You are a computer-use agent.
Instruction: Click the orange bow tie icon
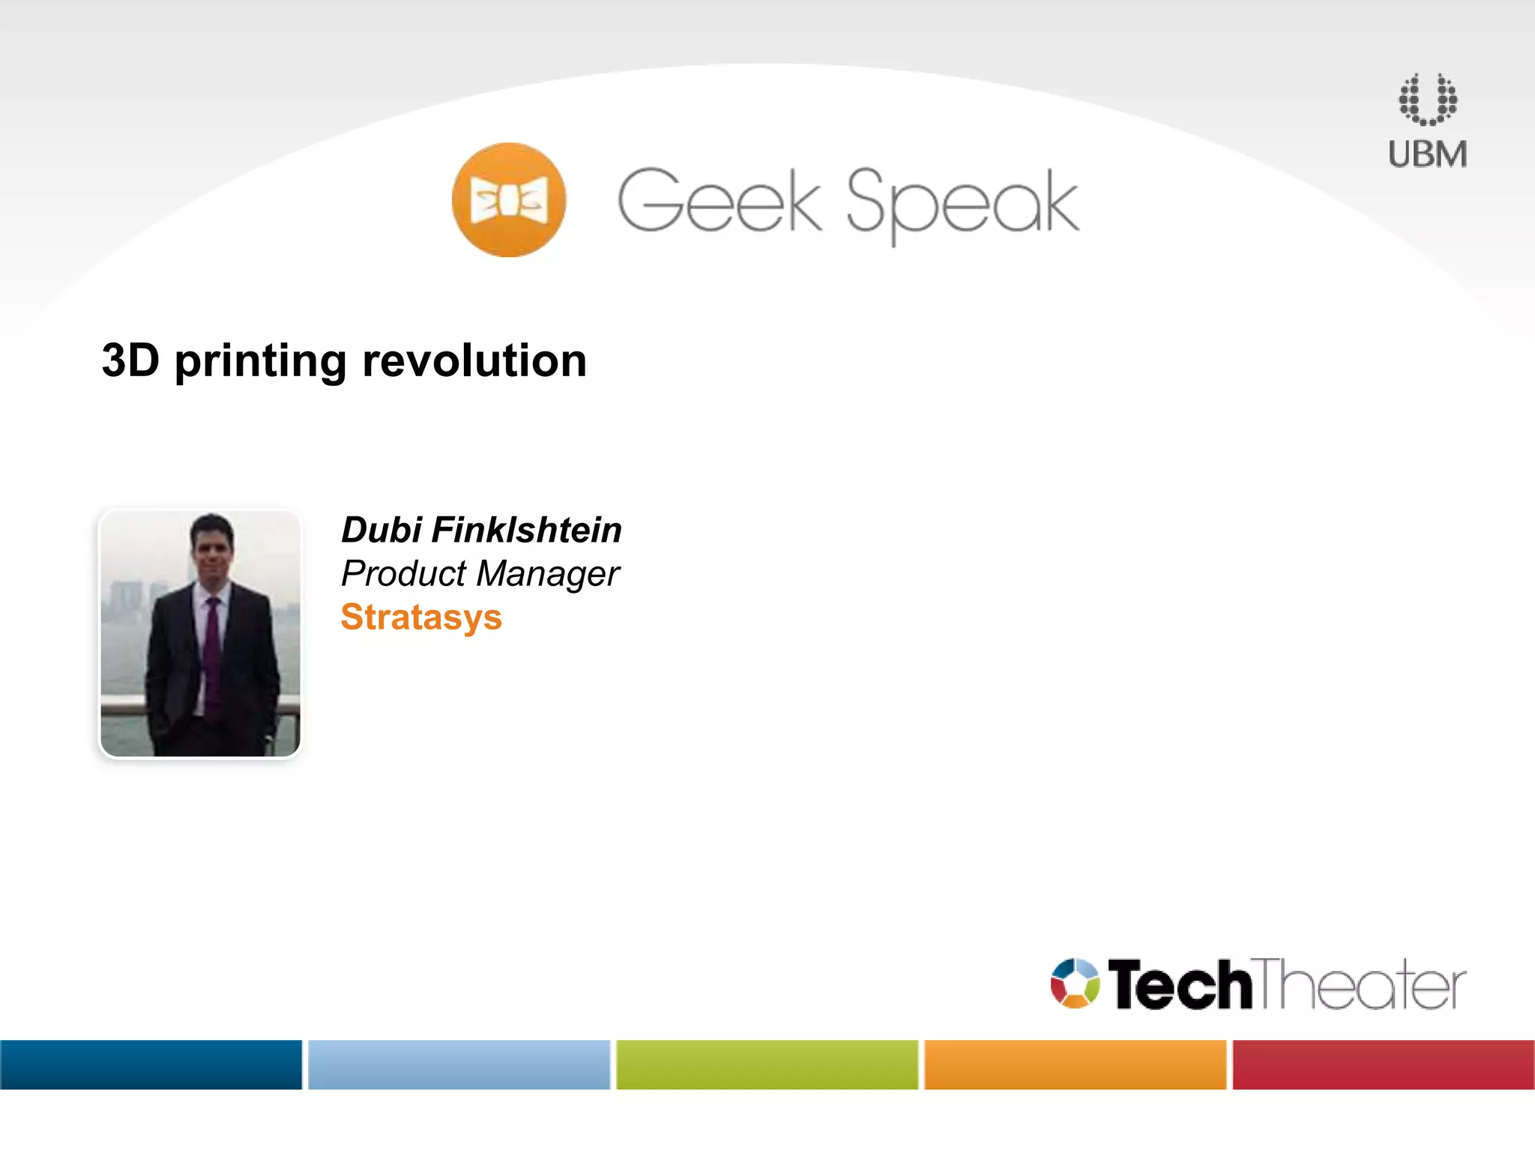pyautogui.click(x=509, y=200)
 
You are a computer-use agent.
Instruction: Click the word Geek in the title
pyautogui.click(x=719, y=201)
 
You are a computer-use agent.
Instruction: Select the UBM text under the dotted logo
pyautogui.click(x=1427, y=154)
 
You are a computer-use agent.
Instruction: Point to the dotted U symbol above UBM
pyautogui.click(x=1427, y=100)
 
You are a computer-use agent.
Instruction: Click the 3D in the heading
pyautogui.click(x=130, y=360)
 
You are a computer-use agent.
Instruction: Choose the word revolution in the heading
pyautogui.click(x=474, y=360)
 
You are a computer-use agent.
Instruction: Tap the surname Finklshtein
pyautogui.click(x=526, y=530)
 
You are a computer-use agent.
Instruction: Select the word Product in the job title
pyautogui.click(x=404, y=574)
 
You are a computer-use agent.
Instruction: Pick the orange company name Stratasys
pyautogui.click(x=421, y=617)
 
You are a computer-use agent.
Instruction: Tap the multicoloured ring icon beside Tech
pyautogui.click(x=1075, y=983)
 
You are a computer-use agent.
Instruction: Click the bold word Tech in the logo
pyautogui.click(x=1179, y=985)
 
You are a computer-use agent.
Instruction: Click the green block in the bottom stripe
pyautogui.click(x=767, y=1064)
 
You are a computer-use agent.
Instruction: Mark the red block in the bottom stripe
pyautogui.click(x=1383, y=1064)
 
